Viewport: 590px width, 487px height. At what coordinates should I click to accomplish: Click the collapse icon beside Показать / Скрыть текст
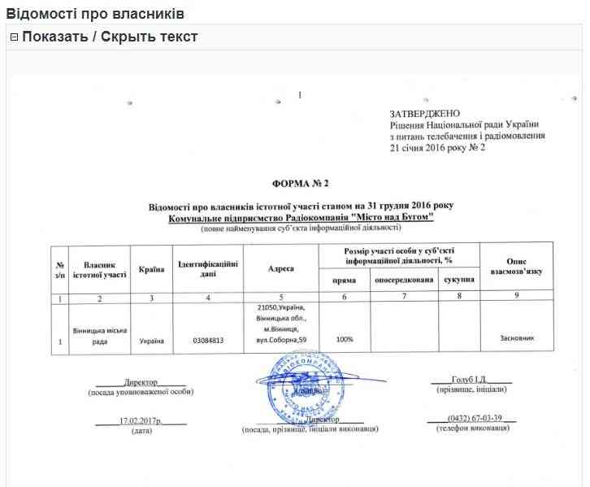pyautogui.click(x=14, y=37)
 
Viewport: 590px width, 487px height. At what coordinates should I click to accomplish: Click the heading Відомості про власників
pyautogui.click(x=95, y=15)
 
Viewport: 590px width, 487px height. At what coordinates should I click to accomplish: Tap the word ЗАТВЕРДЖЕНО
pyautogui.click(x=424, y=112)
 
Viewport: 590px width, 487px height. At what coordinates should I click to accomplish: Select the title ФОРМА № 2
pyautogui.click(x=301, y=186)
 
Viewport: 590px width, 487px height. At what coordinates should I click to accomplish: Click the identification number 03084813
pyautogui.click(x=208, y=339)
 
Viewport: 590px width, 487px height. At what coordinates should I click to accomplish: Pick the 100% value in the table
pyautogui.click(x=344, y=338)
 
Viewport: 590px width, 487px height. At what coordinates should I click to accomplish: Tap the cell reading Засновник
pyautogui.click(x=517, y=338)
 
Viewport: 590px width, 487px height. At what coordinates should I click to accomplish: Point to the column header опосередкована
pyautogui.click(x=404, y=280)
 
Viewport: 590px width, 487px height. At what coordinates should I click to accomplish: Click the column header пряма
pyautogui.click(x=344, y=280)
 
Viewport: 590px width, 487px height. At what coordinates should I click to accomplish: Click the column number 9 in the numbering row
pyautogui.click(x=517, y=298)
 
